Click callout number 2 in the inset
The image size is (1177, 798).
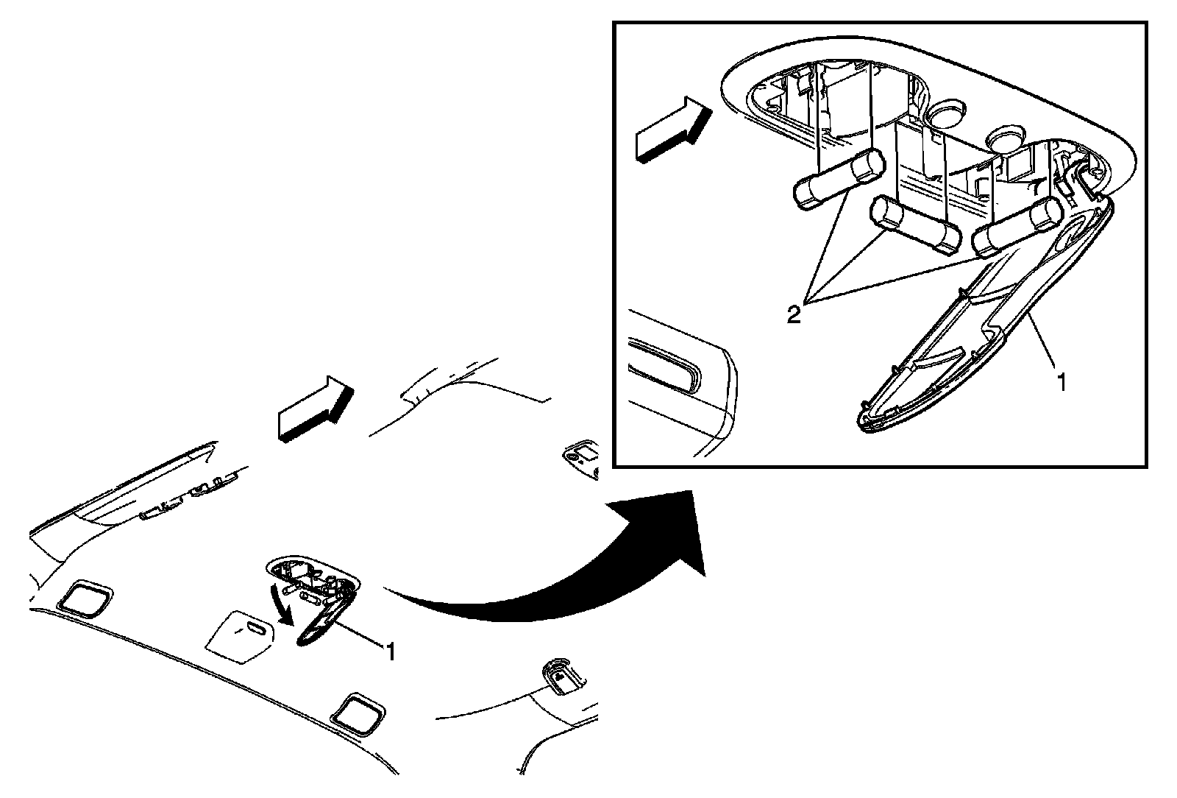click(x=793, y=315)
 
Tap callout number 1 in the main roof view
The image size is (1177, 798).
click(x=391, y=651)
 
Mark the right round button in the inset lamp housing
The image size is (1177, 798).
click(x=1003, y=140)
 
